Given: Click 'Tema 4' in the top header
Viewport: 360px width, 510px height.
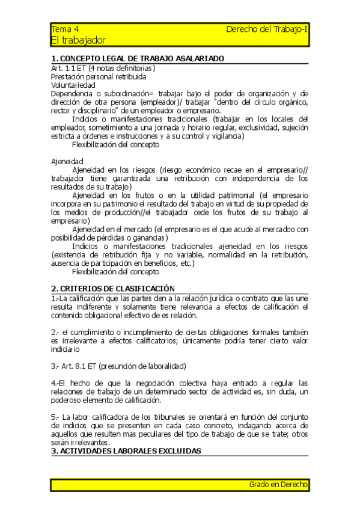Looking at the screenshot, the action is (65, 29).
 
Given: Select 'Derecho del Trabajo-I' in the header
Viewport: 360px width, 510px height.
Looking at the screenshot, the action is (267, 29).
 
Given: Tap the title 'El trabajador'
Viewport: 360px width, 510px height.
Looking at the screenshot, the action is (78, 40).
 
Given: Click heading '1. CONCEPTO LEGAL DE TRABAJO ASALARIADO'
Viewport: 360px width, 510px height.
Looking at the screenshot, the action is (138, 59).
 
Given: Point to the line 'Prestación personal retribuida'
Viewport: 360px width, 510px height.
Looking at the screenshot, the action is (99, 76).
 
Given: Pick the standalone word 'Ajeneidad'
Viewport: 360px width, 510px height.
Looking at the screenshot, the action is (67, 161).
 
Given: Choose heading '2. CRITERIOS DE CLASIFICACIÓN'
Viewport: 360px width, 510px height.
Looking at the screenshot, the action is (112, 288).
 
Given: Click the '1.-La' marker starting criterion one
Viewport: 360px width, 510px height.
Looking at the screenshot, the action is (60, 299).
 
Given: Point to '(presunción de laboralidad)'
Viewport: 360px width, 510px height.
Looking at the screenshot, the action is (142, 366).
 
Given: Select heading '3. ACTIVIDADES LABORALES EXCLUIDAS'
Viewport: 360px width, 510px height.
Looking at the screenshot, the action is (126, 450).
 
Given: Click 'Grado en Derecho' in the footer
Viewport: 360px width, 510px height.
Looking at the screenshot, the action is (278, 484).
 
